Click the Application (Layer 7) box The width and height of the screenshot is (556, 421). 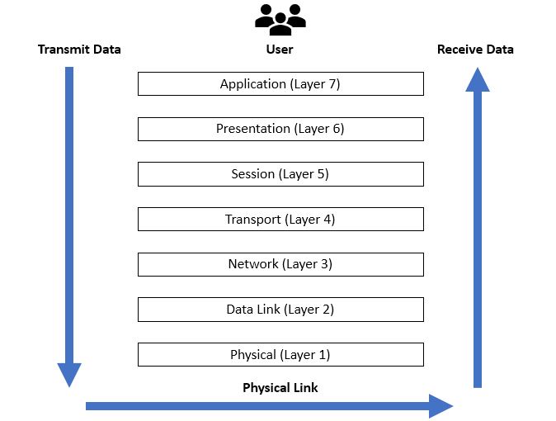[280, 83]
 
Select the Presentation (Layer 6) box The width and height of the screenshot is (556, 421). [280, 129]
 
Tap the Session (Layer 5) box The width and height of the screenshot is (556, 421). [280, 174]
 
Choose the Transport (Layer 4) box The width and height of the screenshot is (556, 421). [280, 219]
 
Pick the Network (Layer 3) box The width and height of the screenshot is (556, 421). [280, 264]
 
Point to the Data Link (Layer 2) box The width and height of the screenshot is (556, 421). [280, 310]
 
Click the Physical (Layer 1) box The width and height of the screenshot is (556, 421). [280, 354]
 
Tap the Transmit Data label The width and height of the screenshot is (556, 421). [79, 50]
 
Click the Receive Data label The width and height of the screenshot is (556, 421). [475, 50]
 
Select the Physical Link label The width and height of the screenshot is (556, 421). [280, 388]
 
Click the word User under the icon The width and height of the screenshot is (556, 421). [280, 50]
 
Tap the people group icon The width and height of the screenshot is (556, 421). [280, 20]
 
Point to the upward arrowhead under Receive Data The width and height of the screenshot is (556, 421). [478, 80]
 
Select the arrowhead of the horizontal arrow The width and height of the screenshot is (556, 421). [441, 406]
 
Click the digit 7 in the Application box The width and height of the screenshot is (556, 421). [332, 83]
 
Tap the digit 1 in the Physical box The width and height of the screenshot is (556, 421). [323, 354]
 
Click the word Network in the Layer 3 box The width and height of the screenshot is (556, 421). [253, 264]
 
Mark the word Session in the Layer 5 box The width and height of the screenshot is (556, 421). [252, 174]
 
